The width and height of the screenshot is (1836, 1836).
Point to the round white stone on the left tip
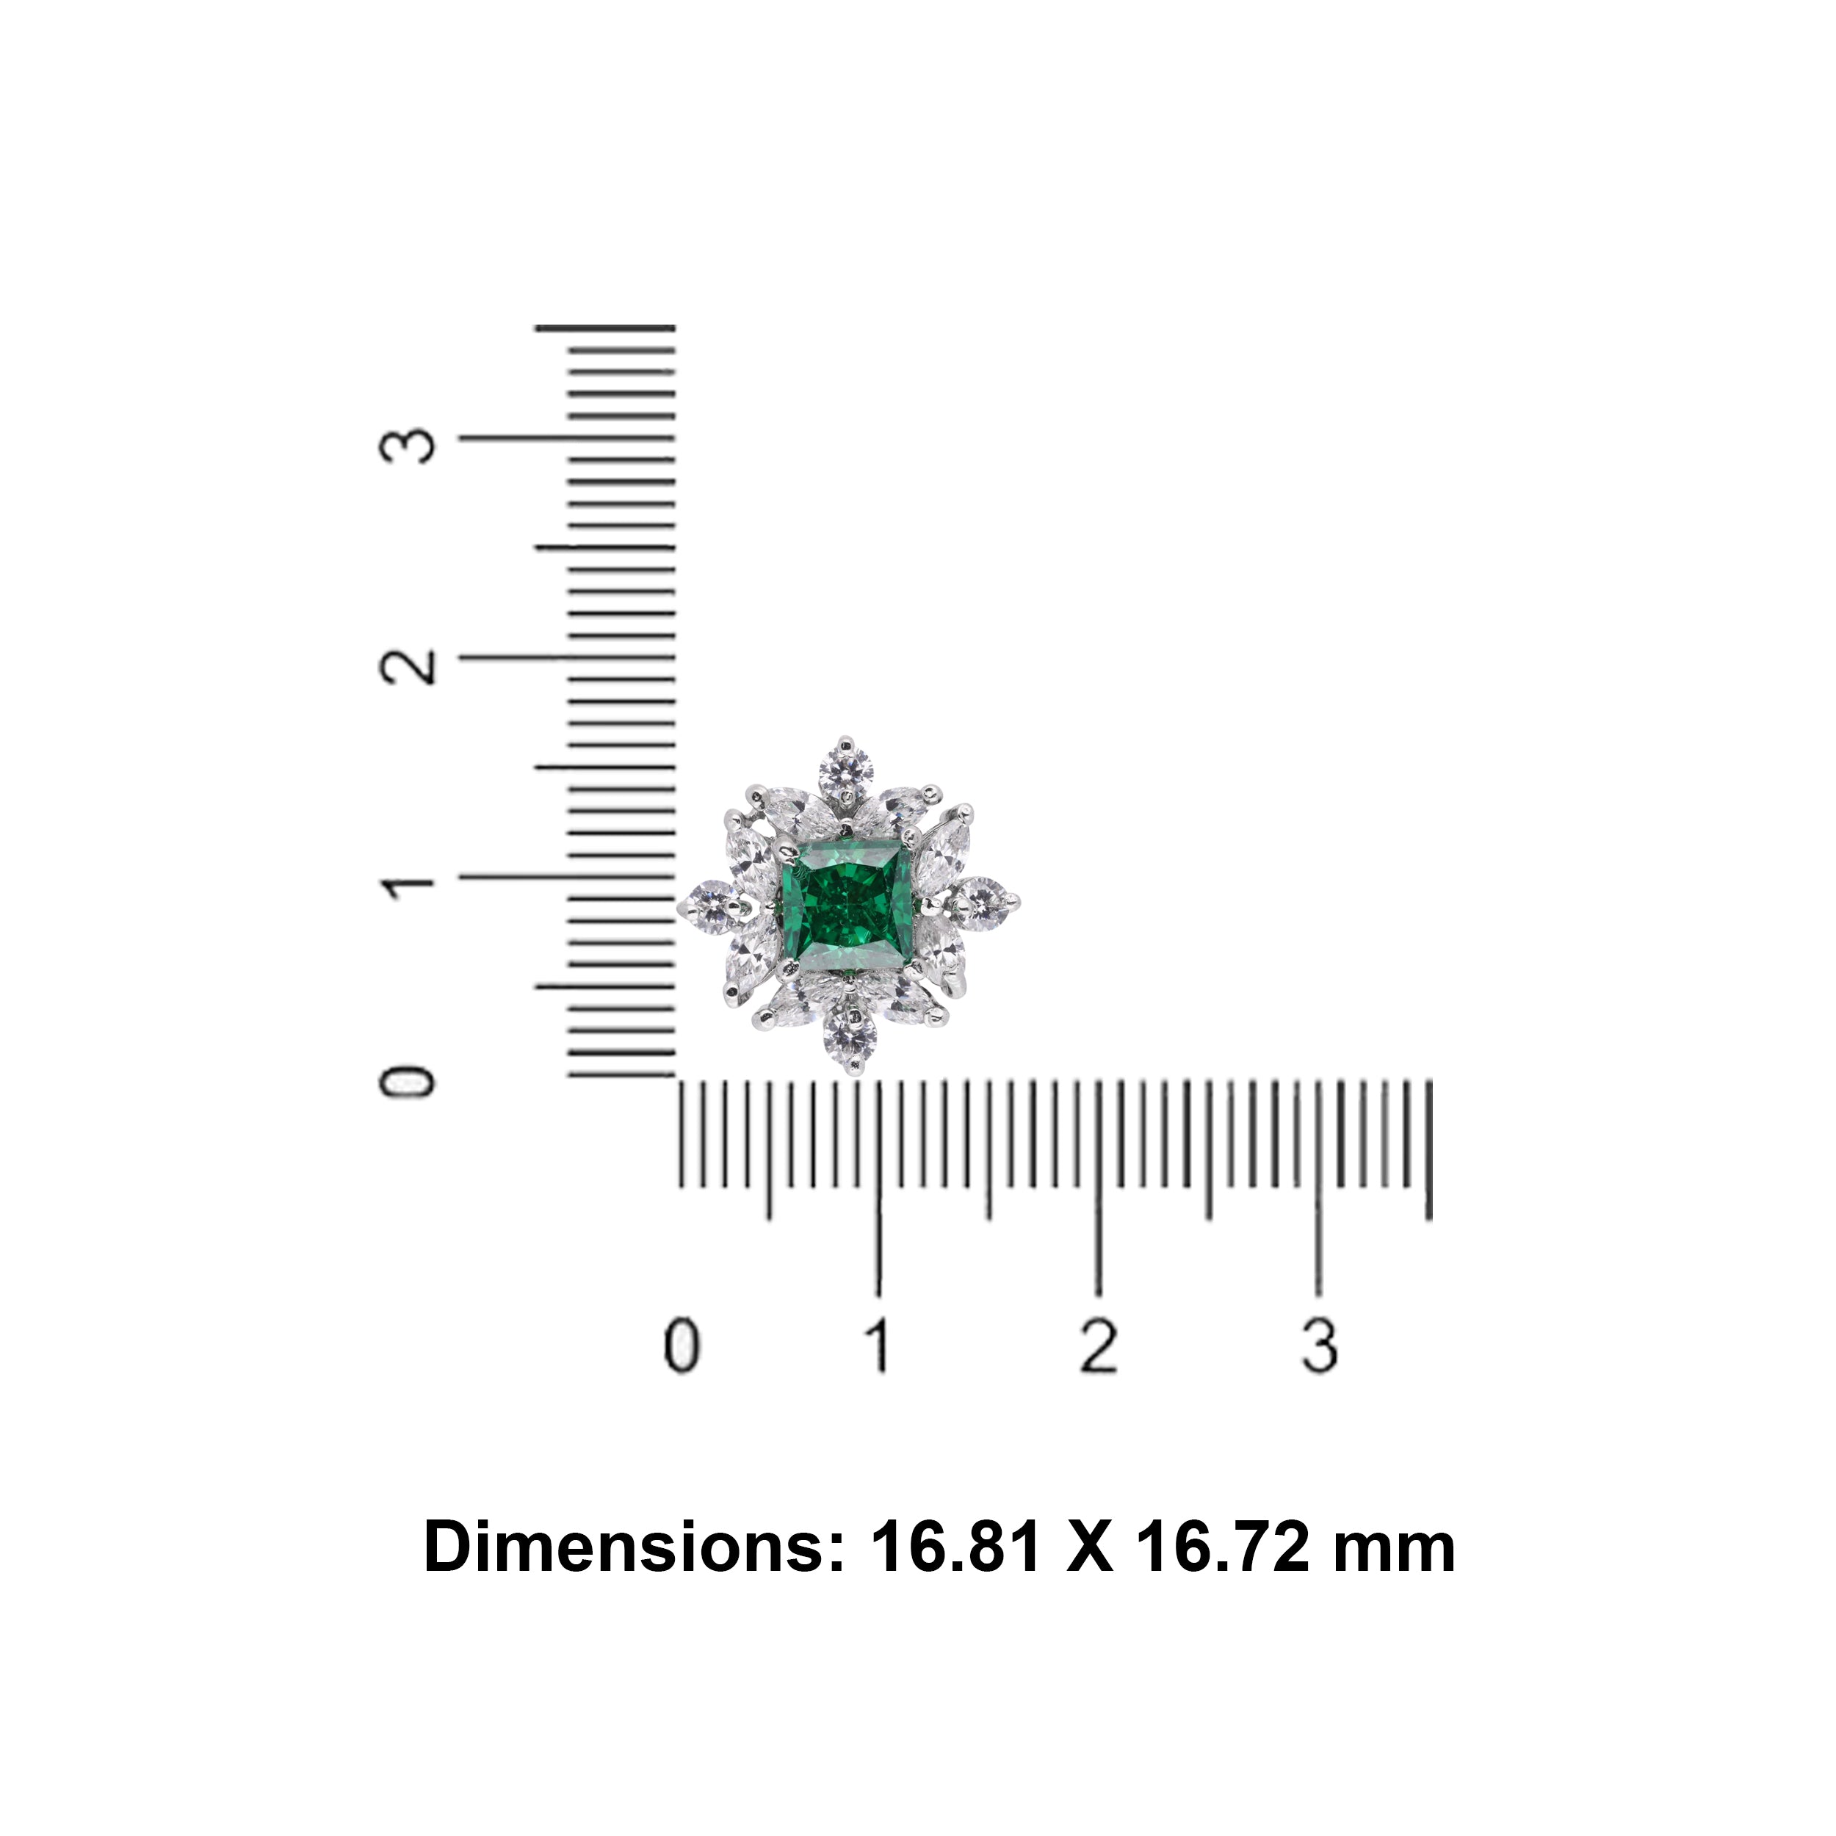pyautogui.click(x=711, y=908)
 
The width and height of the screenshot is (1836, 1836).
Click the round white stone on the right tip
pyautogui.click(x=983, y=899)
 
